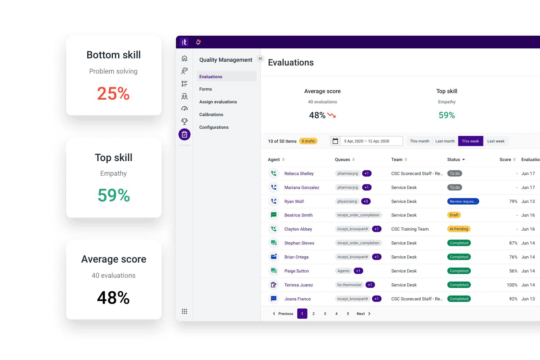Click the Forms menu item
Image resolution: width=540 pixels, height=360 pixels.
point(205,89)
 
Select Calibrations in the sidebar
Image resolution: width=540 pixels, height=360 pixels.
point(211,115)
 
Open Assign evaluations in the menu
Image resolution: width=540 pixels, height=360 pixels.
point(218,102)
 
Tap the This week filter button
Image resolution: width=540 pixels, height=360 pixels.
point(470,141)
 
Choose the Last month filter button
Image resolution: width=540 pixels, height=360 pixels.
point(445,141)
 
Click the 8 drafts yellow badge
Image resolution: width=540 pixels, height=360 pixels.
point(308,141)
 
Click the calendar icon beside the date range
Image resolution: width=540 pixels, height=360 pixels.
point(335,141)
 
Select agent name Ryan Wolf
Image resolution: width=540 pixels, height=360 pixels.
point(294,201)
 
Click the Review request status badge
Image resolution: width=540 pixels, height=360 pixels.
point(463,201)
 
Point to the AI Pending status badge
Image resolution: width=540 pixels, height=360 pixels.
point(459,229)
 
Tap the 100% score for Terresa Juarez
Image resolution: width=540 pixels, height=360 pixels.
point(512,285)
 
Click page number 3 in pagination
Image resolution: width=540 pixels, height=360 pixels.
point(325,314)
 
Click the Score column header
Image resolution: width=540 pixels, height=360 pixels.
point(505,160)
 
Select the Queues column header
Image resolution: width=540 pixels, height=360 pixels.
point(342,160)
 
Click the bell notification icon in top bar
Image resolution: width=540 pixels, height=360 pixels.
point(198,42)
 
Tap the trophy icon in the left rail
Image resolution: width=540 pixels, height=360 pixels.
point(184,121)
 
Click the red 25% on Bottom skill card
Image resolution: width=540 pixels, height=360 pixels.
point(113,93)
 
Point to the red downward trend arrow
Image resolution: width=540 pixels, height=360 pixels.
point(331,115)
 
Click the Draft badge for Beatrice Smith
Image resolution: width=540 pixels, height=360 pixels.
point(454,215)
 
